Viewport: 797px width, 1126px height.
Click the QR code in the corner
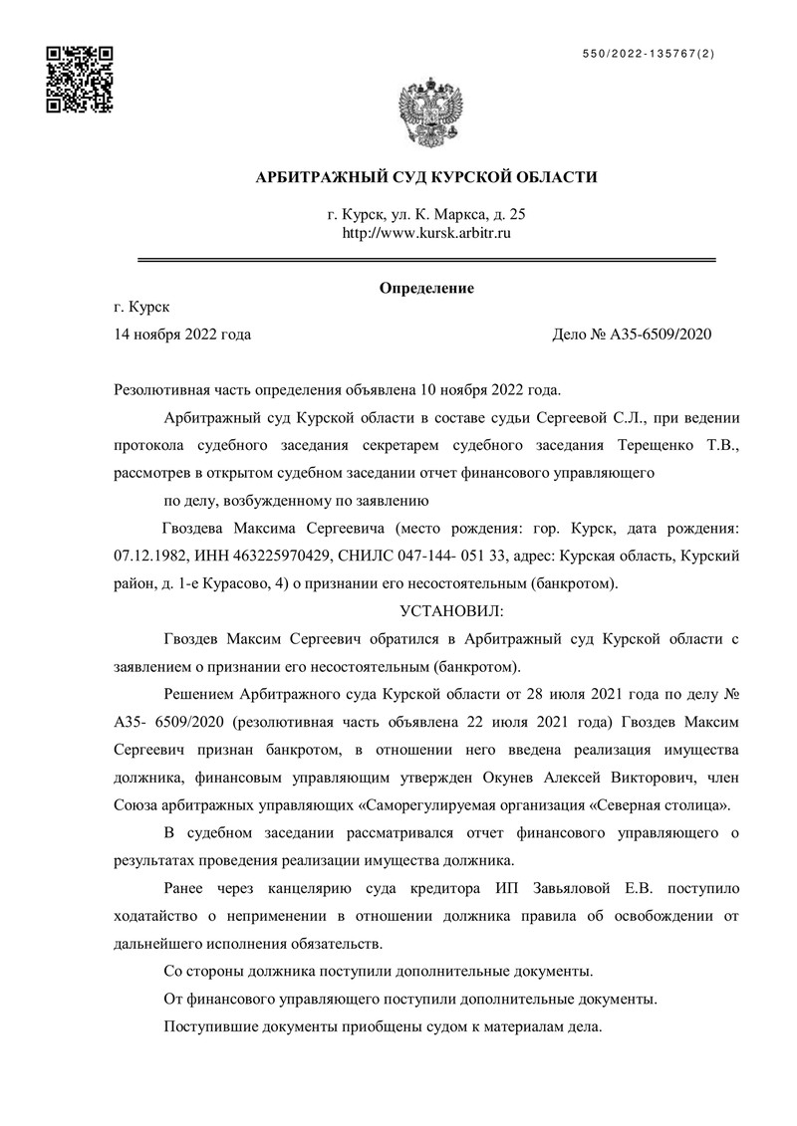[x=80, y=80]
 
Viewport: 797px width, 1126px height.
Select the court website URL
[x=426, y=233]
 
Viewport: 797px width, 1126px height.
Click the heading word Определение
[x=426, y=289]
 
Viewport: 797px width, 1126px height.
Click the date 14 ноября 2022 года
[x=183, y=335]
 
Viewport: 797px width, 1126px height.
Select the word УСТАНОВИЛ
[x=451, y=607]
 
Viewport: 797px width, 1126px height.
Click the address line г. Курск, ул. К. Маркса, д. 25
[x=426, y=214]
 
